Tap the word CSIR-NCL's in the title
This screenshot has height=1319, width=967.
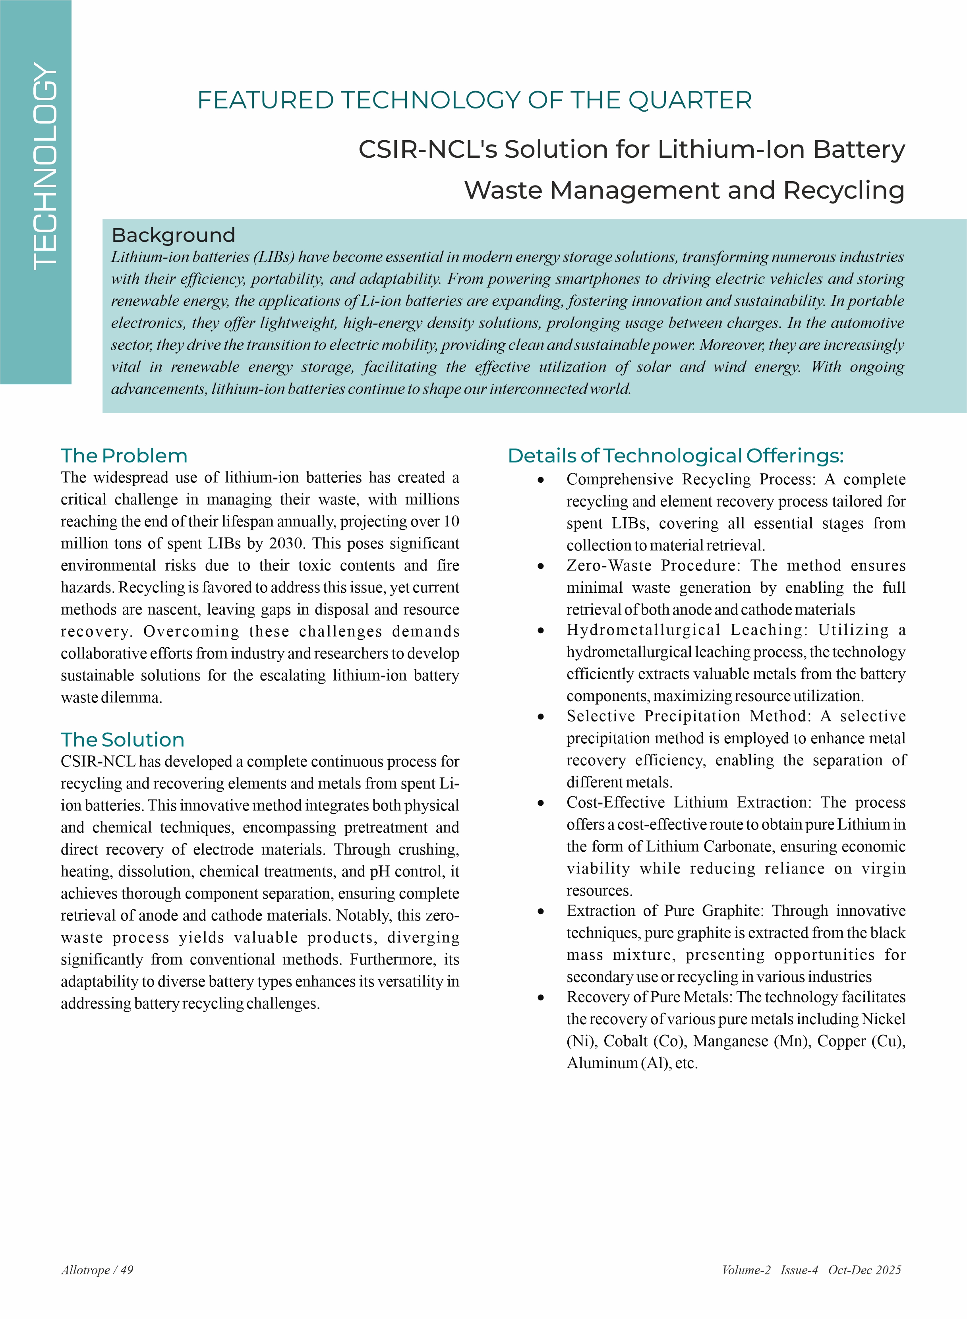427,149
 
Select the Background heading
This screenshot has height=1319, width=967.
173,235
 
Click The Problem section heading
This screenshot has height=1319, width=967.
124,456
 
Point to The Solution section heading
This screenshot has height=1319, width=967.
122,740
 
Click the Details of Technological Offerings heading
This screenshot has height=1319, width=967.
675,456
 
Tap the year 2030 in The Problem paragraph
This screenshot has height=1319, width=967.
286,543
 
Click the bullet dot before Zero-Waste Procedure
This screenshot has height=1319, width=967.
541,566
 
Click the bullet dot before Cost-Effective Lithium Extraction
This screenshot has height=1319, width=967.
541,803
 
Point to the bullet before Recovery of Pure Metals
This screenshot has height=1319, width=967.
541,997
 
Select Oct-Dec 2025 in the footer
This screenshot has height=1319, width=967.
864,1270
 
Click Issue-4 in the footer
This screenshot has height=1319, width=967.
799,1270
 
